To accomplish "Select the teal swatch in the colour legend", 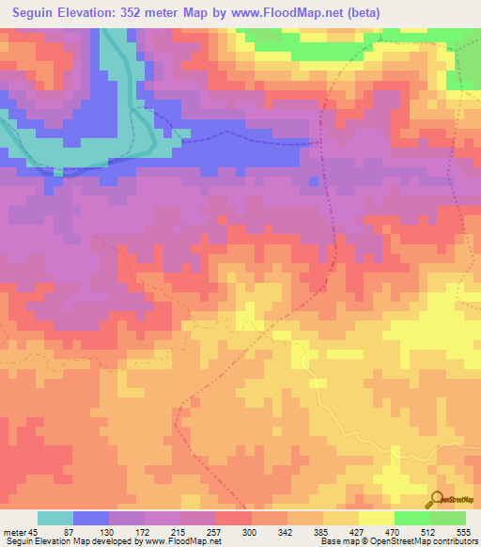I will click(55, 518).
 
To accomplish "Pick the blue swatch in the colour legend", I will click(91, 518).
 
